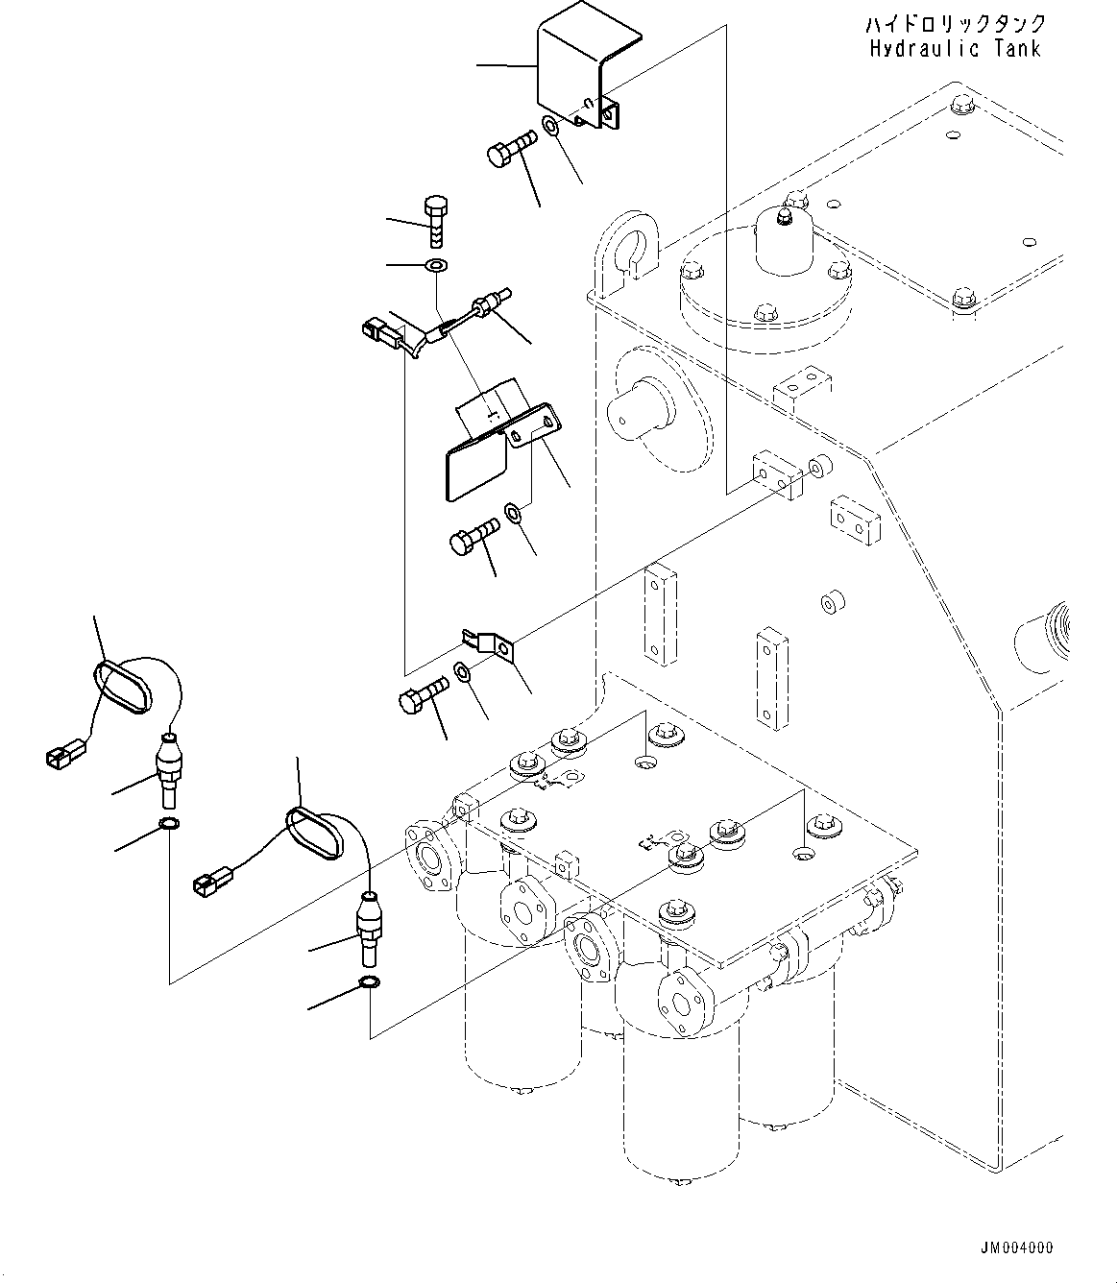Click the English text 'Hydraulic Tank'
[955, 48]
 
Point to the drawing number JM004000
[1016, 1247]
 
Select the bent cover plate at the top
[576, 77]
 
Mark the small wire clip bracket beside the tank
[490, 643]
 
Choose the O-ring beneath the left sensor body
[168, 825]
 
